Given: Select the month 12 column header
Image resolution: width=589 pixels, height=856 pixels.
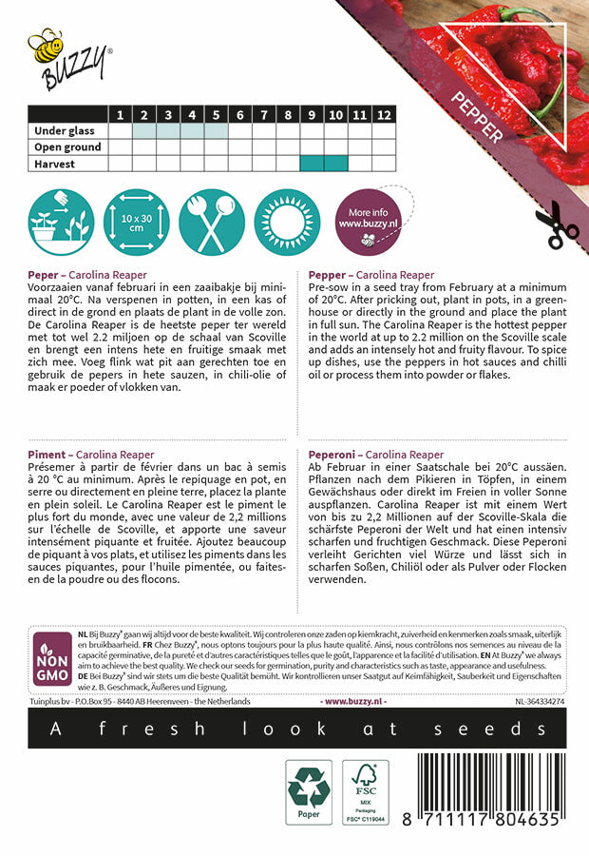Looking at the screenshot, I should click(384, 115).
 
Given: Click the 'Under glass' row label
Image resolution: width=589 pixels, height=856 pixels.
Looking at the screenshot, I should click(66, 131).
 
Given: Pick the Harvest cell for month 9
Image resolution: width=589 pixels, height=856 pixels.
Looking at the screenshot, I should click(312, 164).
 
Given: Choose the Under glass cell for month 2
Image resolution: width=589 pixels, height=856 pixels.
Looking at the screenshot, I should click(144, 131).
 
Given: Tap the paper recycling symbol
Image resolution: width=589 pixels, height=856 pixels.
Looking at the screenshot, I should click(309, 790).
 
